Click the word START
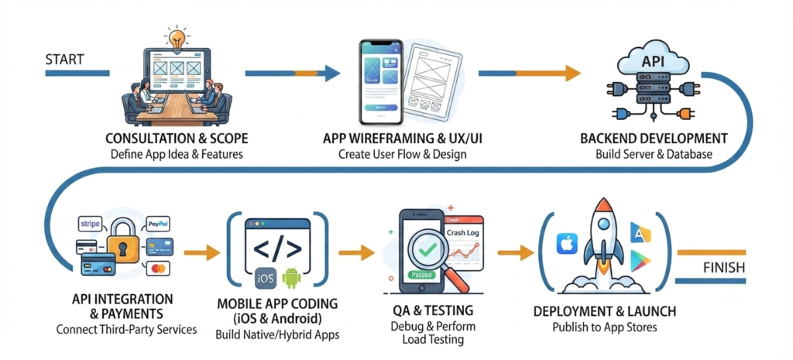(x=64, y=59)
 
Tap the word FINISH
(x=724, y=267)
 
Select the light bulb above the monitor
(x=177, y=38)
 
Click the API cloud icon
(x=653, y=61)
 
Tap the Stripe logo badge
(x=91, y=223)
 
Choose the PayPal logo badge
(x=157, y=223)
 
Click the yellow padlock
(x=123, y=239)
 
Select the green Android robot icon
(x=291, y=278)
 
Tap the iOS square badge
(x=266, y=278)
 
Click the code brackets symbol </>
(x=277, y=247)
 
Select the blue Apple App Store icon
(x=567, y=244)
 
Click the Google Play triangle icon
(x=640, y=261)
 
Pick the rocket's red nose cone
(x=603, y=207)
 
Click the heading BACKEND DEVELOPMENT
(x=654, y=138)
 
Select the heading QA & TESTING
(x=434, y=310)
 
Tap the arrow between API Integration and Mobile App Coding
(x=202, y=252)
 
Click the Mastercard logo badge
(x=158, y=269)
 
